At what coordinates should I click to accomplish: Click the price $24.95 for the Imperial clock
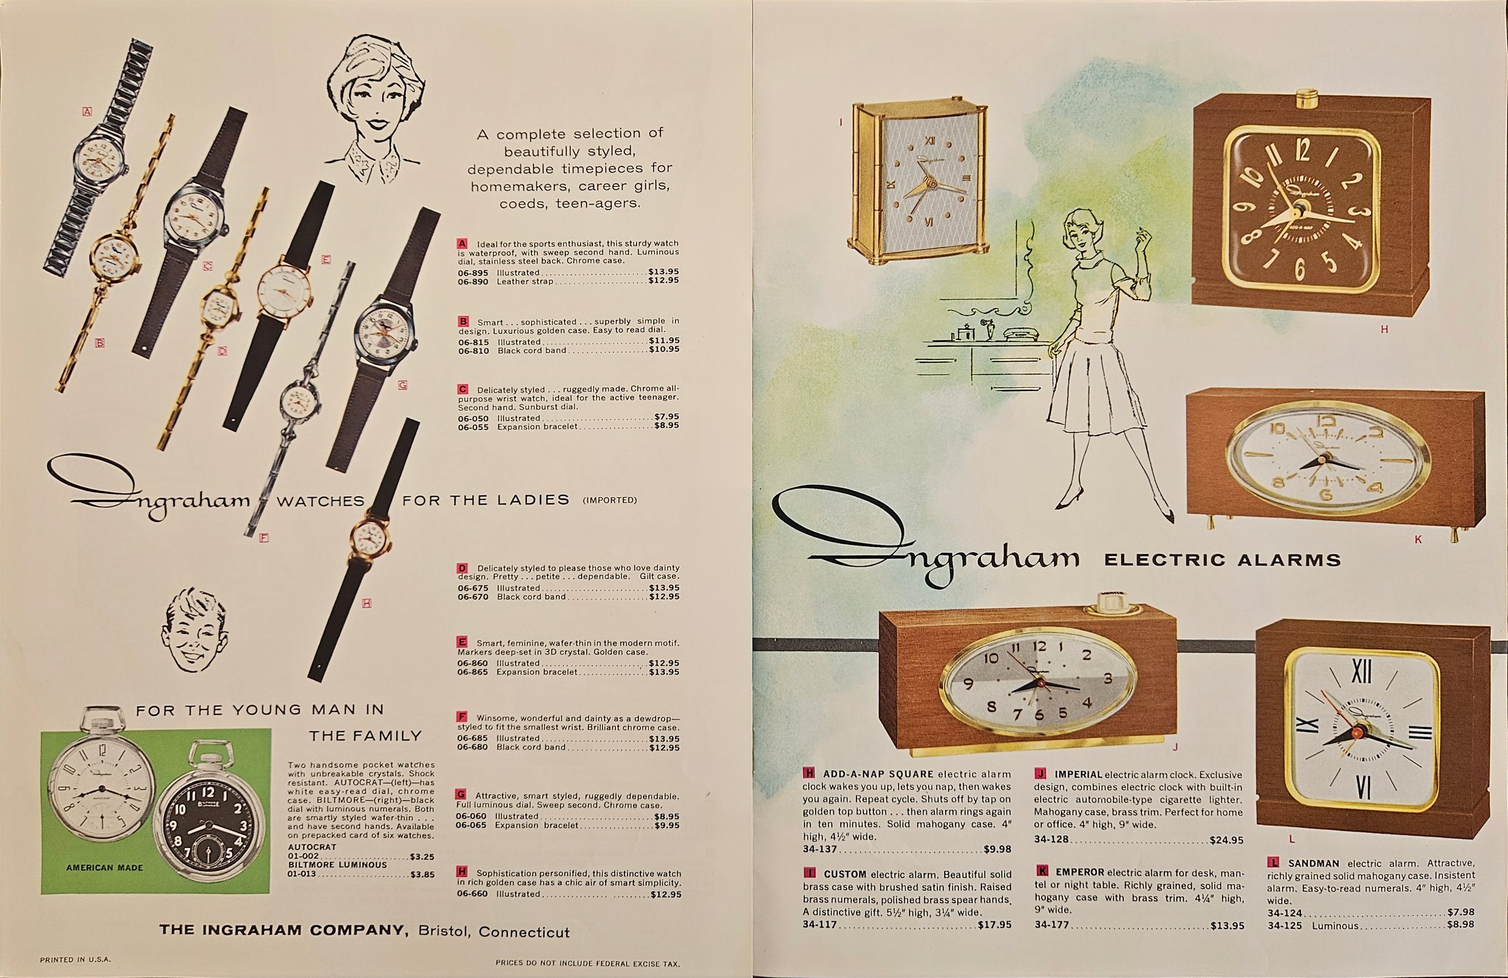point(1226,840)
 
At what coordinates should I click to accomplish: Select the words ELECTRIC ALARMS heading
point(1222,560)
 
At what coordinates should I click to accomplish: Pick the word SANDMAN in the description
point(1314,863)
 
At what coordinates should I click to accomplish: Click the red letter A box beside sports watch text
point(462,243)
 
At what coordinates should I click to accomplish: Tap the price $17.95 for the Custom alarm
point(994,925)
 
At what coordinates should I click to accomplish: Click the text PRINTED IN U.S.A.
point(75,960)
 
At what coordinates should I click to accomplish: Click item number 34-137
point(820,849)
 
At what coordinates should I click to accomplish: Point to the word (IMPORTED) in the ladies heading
point(610,500)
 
